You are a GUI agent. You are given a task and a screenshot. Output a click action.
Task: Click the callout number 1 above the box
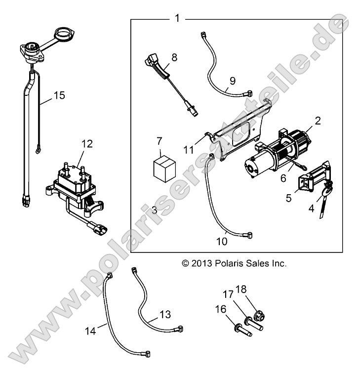(177, 18)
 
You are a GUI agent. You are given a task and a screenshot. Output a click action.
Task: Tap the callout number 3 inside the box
(141, 210)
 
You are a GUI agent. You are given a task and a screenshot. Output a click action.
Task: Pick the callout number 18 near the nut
(256, 289)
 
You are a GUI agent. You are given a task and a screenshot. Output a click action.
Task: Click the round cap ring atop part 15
(64, 35)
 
